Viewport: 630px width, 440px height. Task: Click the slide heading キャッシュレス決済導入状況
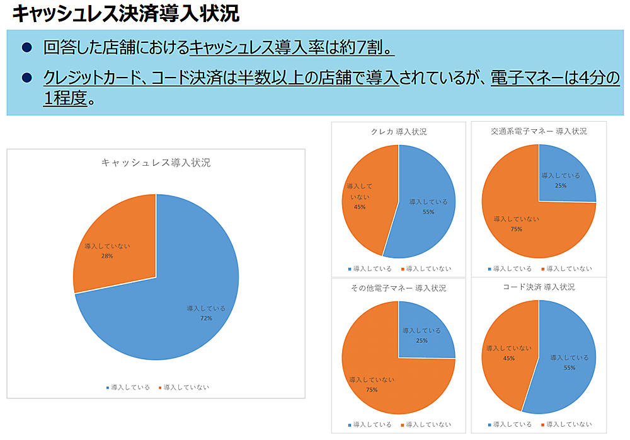coord(126,13)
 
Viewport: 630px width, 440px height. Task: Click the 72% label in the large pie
coord(206,318)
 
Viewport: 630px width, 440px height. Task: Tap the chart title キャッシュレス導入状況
coord(156,163)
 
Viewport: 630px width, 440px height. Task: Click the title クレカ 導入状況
coord(399,132)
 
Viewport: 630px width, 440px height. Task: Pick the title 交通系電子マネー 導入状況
coord(539,131)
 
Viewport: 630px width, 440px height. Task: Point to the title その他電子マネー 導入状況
coord(398,288)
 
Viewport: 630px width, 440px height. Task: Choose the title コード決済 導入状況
coord(539,287)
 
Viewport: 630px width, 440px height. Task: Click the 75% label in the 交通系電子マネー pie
coord(517,229)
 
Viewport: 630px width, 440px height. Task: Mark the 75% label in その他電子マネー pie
coord(372,390)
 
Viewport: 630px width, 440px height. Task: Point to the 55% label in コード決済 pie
coord(570,368)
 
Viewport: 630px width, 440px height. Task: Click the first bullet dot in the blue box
coord(26,47)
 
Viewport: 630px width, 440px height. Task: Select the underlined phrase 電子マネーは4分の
coord(555,78)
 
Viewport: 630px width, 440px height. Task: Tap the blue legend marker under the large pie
coord(108,388)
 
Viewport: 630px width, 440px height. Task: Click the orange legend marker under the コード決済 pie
coord(542,424)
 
